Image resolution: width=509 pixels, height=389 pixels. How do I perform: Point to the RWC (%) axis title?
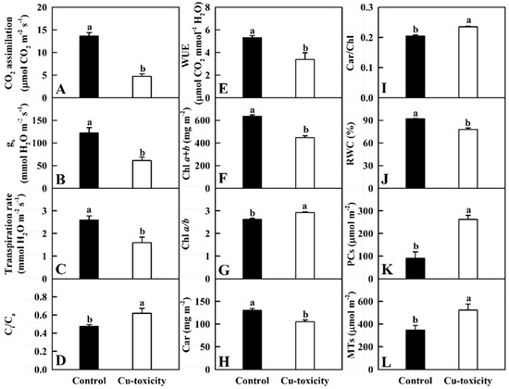coord(344,141)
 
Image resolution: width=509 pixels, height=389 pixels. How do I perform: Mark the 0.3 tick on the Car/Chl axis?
coord(366,8)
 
